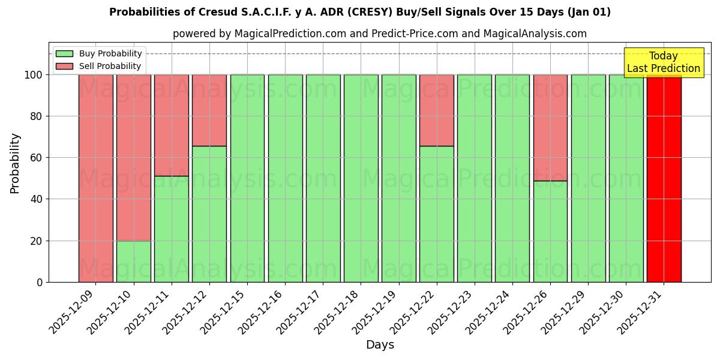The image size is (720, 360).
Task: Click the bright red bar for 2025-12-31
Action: coord(664,178)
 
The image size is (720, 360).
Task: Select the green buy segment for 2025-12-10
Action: coord(133,261)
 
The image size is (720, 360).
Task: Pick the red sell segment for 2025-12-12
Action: coord(209,110)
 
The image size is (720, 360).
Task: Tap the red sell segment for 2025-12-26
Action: coord(550,127)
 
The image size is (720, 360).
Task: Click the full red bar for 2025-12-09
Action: coord(95,178)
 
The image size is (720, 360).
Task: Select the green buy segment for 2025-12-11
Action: coord(172,229)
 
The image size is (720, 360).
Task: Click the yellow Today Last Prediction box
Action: coord(664,62)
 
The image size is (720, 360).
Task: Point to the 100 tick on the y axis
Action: coord(34,75)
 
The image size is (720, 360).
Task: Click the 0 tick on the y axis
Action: coord(40,282)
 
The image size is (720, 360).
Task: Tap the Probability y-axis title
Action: coord(15,163)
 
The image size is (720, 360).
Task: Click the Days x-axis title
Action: coord(380,345)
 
